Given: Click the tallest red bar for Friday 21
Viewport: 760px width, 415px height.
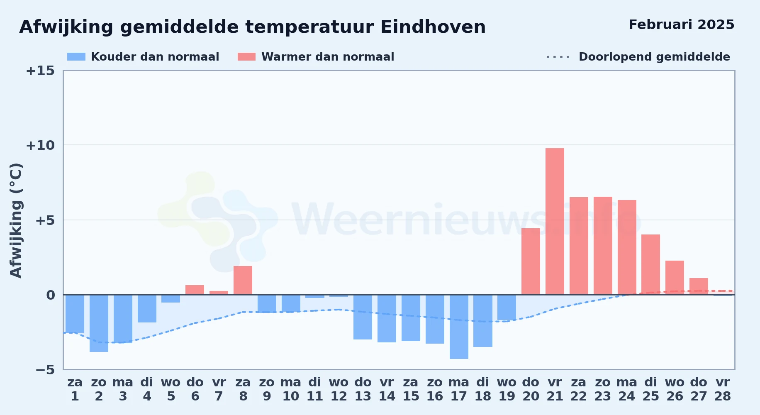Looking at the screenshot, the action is pos(555,221).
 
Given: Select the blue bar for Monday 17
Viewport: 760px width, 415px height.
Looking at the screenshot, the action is pos(459,327).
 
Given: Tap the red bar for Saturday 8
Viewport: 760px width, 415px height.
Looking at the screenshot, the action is pos(243,280).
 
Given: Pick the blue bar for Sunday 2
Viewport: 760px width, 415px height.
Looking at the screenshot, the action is pos(99,323).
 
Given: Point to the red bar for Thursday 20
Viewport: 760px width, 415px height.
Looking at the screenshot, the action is pos(531,261).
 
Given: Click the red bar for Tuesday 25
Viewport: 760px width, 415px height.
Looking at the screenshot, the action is pos(650,264).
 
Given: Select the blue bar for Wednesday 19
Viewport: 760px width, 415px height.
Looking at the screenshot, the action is pos(507,308).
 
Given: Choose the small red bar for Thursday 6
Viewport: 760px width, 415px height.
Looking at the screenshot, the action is pos(195,290).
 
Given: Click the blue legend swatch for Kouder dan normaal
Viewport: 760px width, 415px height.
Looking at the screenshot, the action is pos(76,57).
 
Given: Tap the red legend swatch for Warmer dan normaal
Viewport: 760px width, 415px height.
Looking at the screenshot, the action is pos(247,57).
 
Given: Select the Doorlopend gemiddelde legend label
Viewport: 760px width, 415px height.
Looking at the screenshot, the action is pos(654,57).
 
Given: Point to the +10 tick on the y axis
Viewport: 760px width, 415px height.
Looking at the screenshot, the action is pos(40,145).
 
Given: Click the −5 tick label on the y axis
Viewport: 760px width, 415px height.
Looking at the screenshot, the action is pos(45,369).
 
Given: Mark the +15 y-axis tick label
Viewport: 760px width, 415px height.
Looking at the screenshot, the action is pos(40,71).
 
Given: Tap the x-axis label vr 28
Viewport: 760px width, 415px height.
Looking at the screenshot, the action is pos(722,389).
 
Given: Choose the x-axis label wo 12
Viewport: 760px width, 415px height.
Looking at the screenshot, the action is pos(339,389).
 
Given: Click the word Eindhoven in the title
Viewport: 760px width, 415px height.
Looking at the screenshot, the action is pos(433,27).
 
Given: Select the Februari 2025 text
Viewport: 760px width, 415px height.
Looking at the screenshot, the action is pos(681,25).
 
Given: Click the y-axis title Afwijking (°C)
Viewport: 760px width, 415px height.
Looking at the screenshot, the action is pos(16,220).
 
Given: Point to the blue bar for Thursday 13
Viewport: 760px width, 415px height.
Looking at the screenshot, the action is pos(363,317).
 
